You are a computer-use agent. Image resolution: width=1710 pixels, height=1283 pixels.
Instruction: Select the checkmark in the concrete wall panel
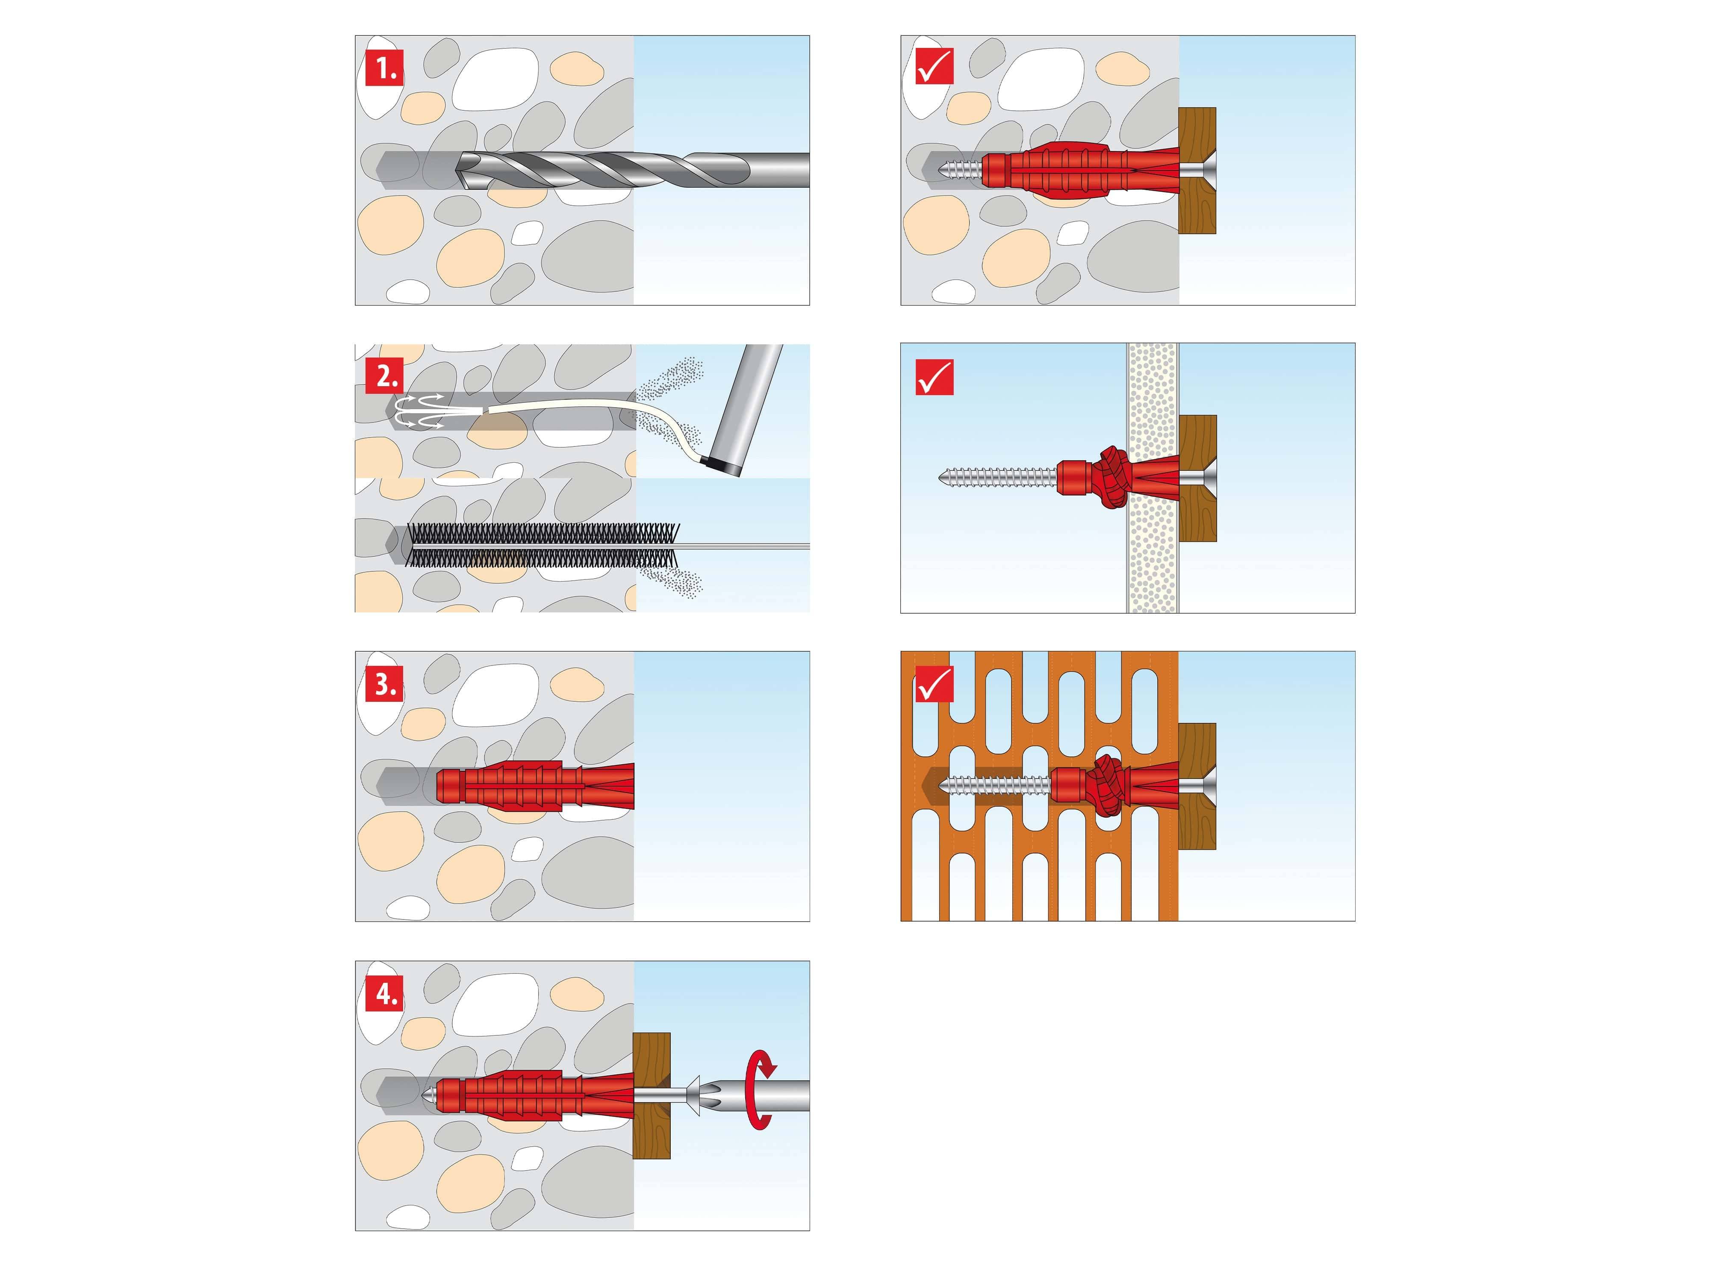click(935, 67)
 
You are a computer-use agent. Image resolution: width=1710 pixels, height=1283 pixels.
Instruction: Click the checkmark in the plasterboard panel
click(935, 377)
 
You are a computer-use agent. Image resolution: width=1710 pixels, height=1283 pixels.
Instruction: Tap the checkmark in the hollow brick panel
click(935, 684)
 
